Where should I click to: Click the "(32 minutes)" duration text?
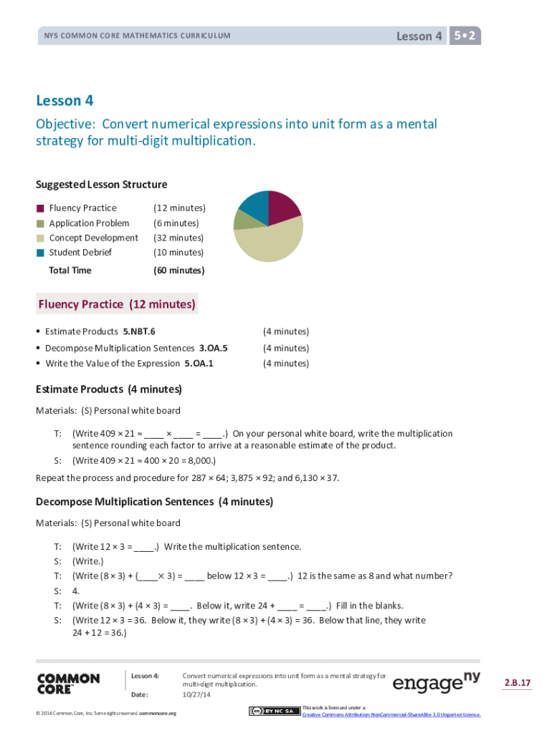pos(179,238)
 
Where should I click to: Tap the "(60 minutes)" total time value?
pos(179,271)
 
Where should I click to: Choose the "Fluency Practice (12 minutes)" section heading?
pos(116,304)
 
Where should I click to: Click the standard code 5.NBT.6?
pos(139,332)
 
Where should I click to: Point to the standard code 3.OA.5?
pos(213,349)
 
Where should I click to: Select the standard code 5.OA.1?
pos(199,364)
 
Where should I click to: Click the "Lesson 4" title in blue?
pos(65,101)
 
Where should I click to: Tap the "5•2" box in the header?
pos(465,36)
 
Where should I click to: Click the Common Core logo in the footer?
pos(68,684)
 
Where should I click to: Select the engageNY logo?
pos(436,683)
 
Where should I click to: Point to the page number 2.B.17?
pos(517,683)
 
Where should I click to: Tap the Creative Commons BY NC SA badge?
pos(275,711)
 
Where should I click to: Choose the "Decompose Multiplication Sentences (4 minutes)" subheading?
pos(154,502)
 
